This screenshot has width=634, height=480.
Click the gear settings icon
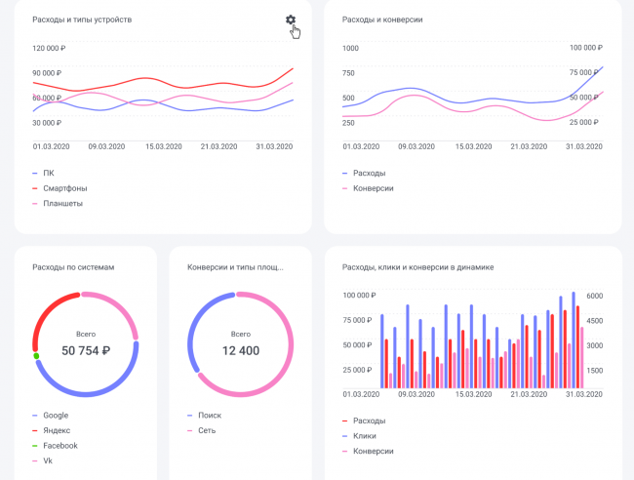coord(290,20)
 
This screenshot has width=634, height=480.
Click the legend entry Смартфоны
coord(64,187)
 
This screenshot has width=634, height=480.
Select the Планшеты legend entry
coord(62,203)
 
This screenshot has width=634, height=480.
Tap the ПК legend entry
coord(49,173)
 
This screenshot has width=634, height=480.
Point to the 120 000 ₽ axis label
coord(49,48)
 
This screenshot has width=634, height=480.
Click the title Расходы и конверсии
coord(382,20)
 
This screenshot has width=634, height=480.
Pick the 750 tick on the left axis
coord(348,72)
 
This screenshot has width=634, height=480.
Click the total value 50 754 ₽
coord(86,350)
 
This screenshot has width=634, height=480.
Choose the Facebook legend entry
coord(60,445)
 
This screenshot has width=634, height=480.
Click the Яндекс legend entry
coord(58,429)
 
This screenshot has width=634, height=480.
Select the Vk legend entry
coord(49,460)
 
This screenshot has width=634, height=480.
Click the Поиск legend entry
coord(210,415)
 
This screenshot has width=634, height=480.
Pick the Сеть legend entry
coord(208,429)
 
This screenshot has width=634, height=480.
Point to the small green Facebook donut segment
coord(36,356)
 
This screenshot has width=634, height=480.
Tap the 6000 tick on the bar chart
coord(594,295)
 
